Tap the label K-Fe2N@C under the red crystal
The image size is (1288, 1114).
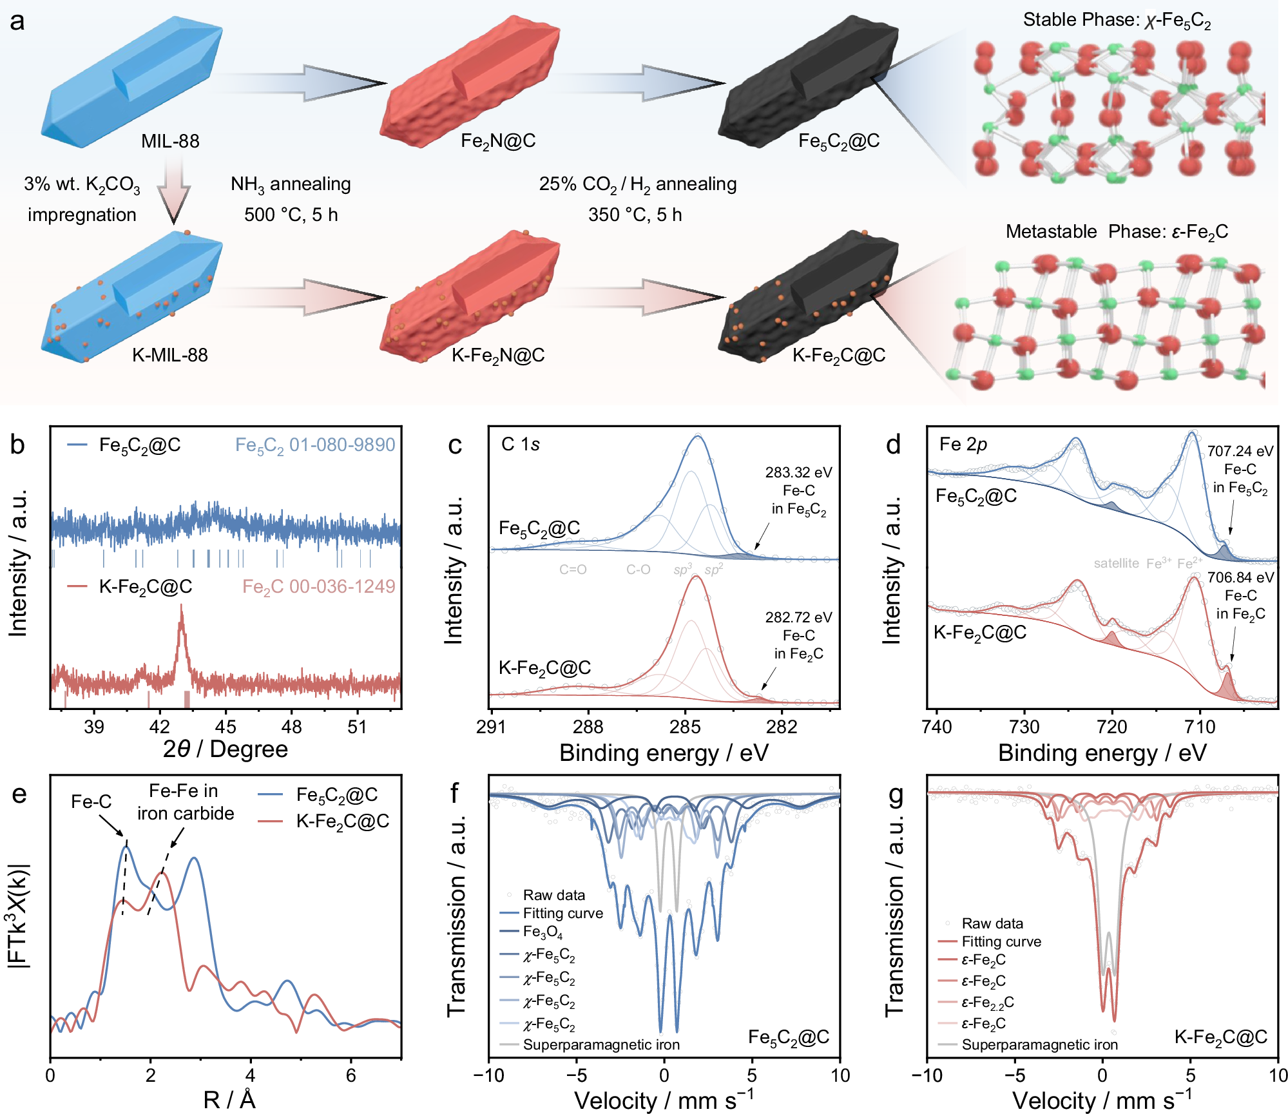(498, 356)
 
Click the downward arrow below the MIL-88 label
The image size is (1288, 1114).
(174, 193)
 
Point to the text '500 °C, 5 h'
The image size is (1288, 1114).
(291, 215)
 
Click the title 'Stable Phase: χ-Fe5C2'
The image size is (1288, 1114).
(1117, 21)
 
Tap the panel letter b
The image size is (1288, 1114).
(17, 445)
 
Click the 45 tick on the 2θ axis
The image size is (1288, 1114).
(226, 727)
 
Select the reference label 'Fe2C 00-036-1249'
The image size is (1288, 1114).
(318, 586)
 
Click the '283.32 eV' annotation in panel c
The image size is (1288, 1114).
(798, 472)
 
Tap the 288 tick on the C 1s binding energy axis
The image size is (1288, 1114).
(588, 727)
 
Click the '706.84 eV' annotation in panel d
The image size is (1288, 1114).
(1240, 577)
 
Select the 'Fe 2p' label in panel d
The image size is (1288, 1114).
(963, 444)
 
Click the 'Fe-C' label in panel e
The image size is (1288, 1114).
(91, 802)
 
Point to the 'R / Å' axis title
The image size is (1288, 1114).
(229, 1099)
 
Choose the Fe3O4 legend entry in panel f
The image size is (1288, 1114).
(543, 932)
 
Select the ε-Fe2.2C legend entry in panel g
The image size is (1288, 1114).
(987, 1002)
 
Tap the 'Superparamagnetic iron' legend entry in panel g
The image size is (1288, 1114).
(1039, 1044)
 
